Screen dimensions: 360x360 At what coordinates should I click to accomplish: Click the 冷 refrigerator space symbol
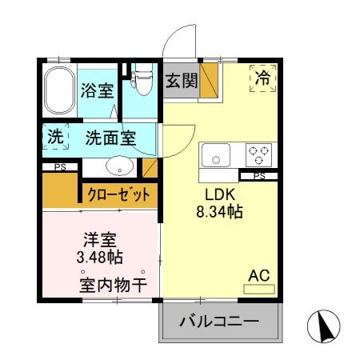[262, 78]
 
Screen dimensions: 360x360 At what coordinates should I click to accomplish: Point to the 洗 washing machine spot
[54, 137]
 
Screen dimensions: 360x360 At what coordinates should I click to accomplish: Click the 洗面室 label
[110, 138]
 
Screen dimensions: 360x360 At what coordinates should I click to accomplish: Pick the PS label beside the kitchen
[258, 175]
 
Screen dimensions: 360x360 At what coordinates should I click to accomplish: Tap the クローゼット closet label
[118, 194]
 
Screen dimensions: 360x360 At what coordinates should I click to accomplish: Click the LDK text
[218, 196]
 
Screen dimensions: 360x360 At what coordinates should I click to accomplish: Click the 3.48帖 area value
[100, 258]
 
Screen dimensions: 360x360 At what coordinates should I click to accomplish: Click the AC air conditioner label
[258, 275]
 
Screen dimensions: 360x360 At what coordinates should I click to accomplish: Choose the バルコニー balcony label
[218, 322]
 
